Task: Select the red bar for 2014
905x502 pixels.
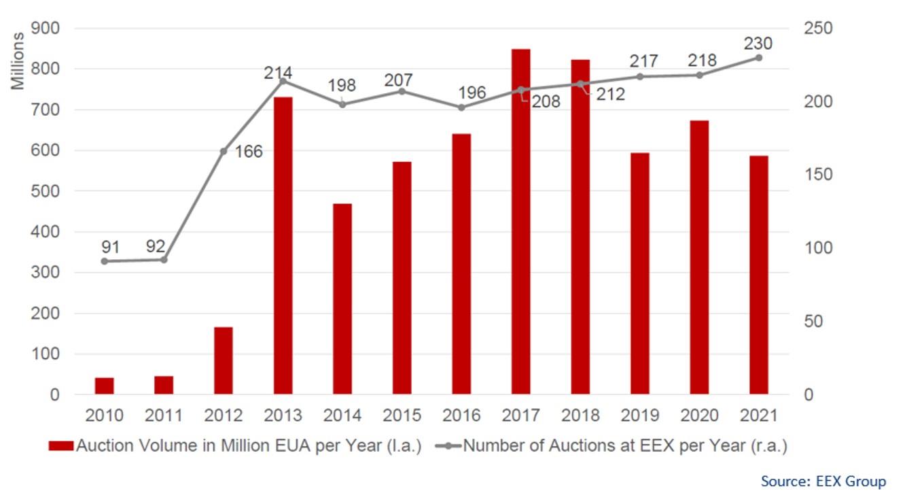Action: click(x=342, y=299)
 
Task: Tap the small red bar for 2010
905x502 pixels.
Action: click(x=104, y=386)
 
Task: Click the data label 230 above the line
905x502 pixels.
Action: click(x=758, y=44)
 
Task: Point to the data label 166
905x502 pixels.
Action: click(x=249, y=152)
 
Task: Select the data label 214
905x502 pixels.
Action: click(x=278, y=73)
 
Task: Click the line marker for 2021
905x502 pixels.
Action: click(x=758, y=58)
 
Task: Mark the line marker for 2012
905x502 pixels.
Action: click(x=223, y=151)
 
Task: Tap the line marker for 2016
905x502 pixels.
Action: click(x=461, y=107)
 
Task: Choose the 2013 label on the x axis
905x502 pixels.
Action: click(x=283, y=415)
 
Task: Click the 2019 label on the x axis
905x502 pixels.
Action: click(x=639, y=415)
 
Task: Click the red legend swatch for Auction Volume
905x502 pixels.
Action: click(x=60, y=446)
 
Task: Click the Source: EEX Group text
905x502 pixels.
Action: click(x=823, y=482)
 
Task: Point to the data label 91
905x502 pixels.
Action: click(x=110, y=246)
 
